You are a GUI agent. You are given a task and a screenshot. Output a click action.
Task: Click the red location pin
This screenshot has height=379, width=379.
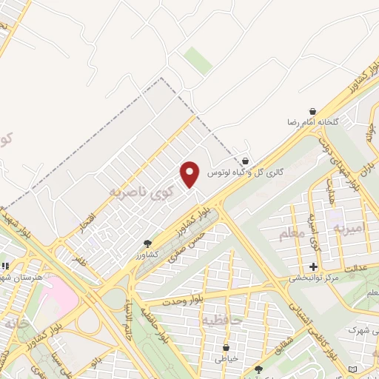tap(190, 174)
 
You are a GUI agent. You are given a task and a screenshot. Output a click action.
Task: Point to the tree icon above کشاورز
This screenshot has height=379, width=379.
tap(147, 243)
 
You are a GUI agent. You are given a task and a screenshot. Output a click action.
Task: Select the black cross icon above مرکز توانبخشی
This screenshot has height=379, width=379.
tap(313, 266)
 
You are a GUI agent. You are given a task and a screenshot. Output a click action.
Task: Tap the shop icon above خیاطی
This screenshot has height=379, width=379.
tap(226, 347)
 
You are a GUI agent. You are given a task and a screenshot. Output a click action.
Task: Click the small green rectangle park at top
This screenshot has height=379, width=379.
tap(198, 60)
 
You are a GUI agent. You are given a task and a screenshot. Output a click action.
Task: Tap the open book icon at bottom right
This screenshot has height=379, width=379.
tap(352, 368)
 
